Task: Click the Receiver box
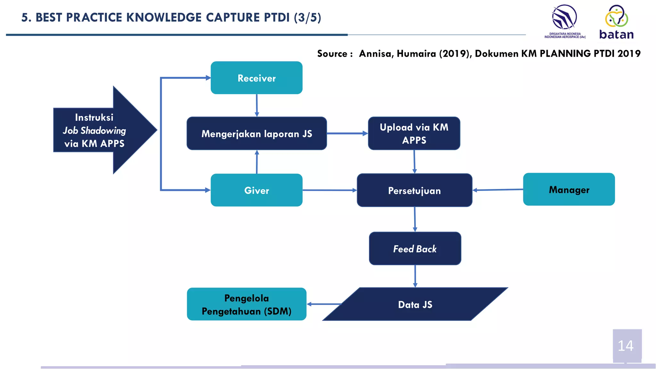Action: pyautogui.click(x=256, y=78)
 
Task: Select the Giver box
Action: pyautogui.click(x=256, y=190)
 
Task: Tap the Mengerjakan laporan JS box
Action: pyautogui.click(x=257, y=134)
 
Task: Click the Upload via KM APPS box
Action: pyautogui.click(x=414, y=134)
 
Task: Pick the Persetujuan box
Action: pyautogui.click(x=414, y=191)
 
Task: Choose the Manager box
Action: pyautogui.click(x=569, y=190)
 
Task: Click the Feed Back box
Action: pyautogui.click(x=415, y=249)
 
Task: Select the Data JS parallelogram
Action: pyautogui.click(x=415, y=304)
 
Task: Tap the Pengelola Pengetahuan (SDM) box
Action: pyautogui.click(x=246, y=304)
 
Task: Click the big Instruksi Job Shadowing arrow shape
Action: pyautogui.click(x=102, y=130)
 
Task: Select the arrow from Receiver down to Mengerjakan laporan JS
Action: pyautogui.click(x=257, y=105)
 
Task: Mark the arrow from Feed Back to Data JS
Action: pyautogui.click(x=415, y=276)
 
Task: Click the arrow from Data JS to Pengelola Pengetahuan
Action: pyautogui.click(x=324, y=304)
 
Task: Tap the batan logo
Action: pyautogui.click(x=616, y=22)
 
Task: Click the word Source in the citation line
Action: pyautogui.click(x=332, y=53)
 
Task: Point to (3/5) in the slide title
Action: pyautogui.click(x=307, y=17)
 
